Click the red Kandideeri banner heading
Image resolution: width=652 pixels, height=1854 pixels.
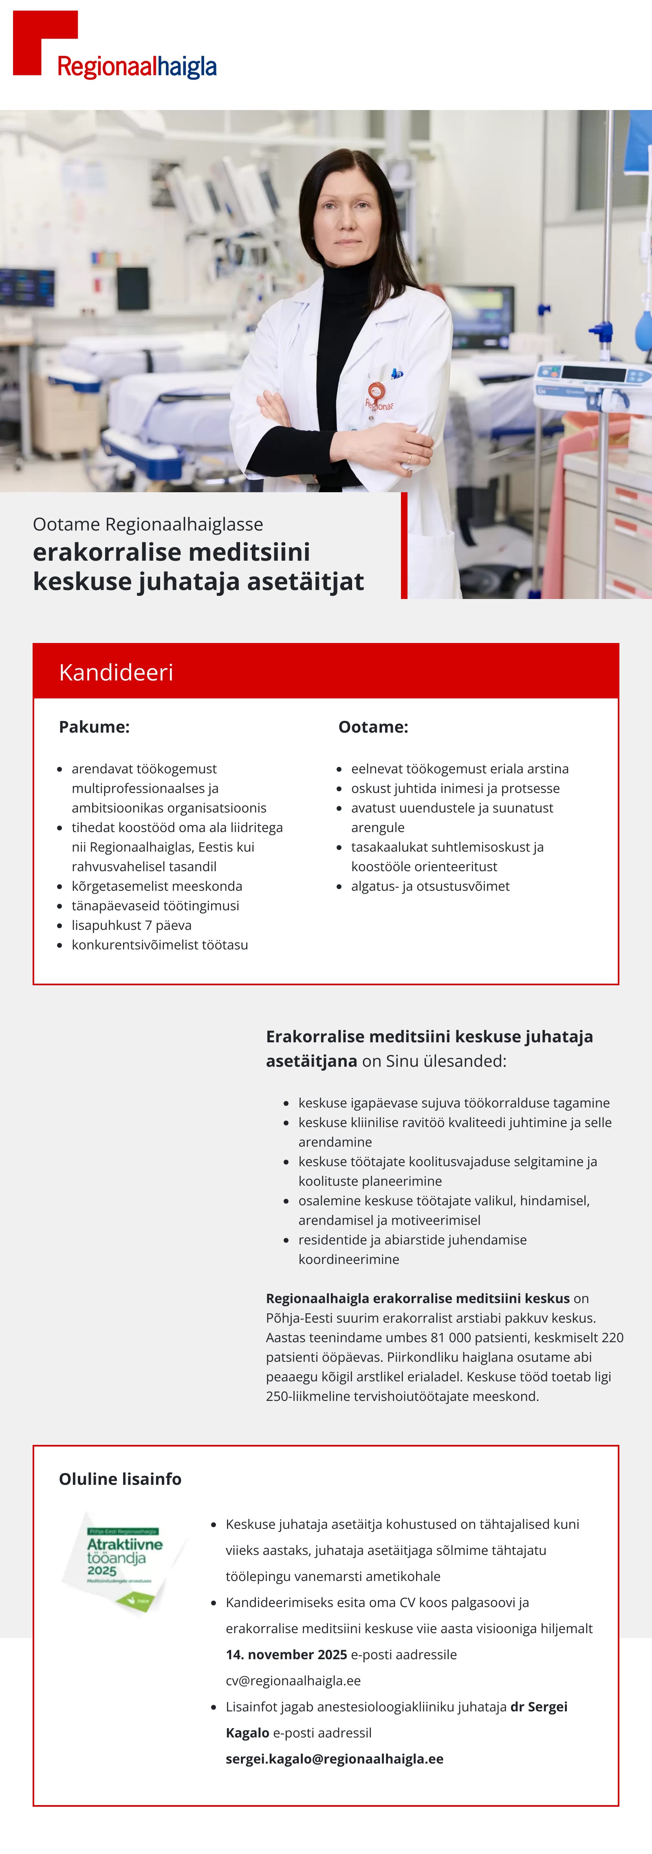(x=116, y=672)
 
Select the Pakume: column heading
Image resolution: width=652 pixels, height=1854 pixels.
(x=94, y=727)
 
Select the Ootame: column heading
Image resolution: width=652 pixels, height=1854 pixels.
(x=373, y=727)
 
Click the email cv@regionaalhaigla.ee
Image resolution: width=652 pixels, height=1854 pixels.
(x=293, y=1680)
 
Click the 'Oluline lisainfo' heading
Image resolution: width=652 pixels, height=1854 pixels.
(x=120, y=1479)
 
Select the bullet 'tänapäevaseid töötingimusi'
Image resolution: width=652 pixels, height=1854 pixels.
(x=155, y=905)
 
